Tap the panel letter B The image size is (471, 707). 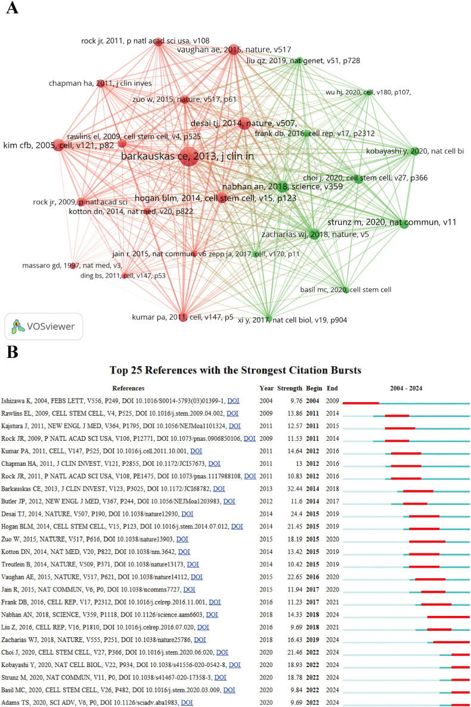[x=10, y=353]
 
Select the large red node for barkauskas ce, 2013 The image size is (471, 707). [x=188, y=159]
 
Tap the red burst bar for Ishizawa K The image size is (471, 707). [x=361, y=403]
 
